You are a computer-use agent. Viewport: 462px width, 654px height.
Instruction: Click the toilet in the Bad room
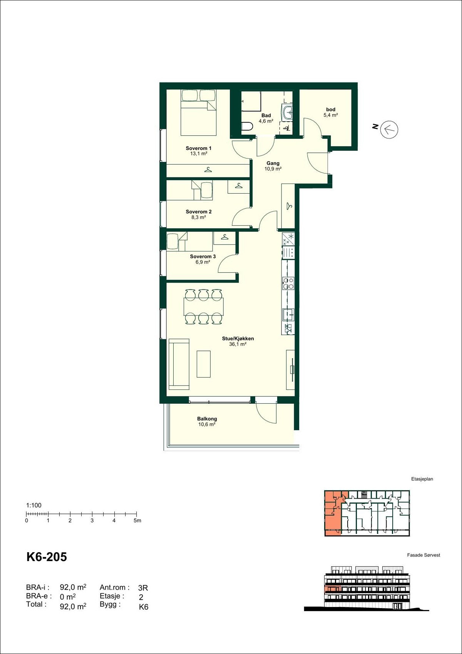pos(247,126)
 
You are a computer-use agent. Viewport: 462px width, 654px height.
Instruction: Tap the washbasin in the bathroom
pos(288,113)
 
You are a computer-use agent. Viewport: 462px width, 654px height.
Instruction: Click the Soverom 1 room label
pos(198,148)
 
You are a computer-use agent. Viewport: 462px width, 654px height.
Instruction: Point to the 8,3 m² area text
pos(198,217)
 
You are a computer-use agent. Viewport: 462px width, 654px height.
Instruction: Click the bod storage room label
pos(330,110)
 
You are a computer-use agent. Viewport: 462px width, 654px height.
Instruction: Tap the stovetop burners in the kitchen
pos(288,283)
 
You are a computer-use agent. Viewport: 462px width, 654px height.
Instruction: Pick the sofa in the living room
pos(179,364)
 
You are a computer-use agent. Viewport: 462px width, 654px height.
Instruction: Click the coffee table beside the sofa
pos(204,364)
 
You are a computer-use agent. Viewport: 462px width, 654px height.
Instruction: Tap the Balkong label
pos(207,419)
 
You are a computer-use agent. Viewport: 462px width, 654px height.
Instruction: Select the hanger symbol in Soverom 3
pos(224,238)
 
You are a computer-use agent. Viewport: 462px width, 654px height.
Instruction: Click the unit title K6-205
pos(47,557)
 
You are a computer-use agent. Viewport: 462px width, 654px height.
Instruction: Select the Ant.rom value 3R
pos(143,588)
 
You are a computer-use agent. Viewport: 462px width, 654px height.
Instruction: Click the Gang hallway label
pos(273,163)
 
